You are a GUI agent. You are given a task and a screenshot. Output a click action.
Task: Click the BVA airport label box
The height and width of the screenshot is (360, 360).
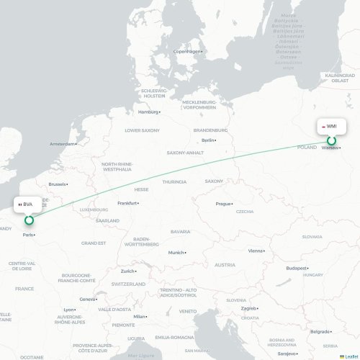[x=27, y=204]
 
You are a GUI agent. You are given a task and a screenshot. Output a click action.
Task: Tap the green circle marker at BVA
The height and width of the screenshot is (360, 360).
[x=30, y=219]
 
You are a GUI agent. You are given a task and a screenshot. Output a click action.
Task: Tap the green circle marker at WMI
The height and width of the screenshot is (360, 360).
[x=332, y=141]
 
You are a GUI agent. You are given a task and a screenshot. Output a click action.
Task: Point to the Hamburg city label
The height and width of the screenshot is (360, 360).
[x=148, y=112]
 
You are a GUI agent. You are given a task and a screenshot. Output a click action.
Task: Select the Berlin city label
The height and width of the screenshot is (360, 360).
[x=209, y=140]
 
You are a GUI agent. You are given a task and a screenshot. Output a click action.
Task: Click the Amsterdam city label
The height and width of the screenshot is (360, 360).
[x=62, y=144]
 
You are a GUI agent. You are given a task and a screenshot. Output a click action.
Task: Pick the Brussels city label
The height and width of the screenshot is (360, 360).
[x=58, y=184]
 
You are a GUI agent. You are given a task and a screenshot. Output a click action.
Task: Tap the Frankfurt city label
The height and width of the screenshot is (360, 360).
[x=127, y=203]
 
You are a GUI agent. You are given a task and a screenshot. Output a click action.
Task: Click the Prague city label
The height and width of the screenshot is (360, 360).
[x=223, y=204]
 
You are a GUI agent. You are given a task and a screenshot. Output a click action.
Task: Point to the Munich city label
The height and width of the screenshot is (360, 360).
[x=176, y=253]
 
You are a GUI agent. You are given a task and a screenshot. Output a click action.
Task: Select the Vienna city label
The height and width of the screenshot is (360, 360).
[x=256, y=251]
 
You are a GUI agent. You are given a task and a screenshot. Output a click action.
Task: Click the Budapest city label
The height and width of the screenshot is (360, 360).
[x=297, y=268]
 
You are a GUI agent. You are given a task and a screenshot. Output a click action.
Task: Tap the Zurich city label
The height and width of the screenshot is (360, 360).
[x=128, y=271]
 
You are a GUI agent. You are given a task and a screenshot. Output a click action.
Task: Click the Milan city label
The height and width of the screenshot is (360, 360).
[x=140, y=316]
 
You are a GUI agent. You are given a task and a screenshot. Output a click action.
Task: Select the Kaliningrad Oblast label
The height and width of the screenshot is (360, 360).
[x=340, y=78]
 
